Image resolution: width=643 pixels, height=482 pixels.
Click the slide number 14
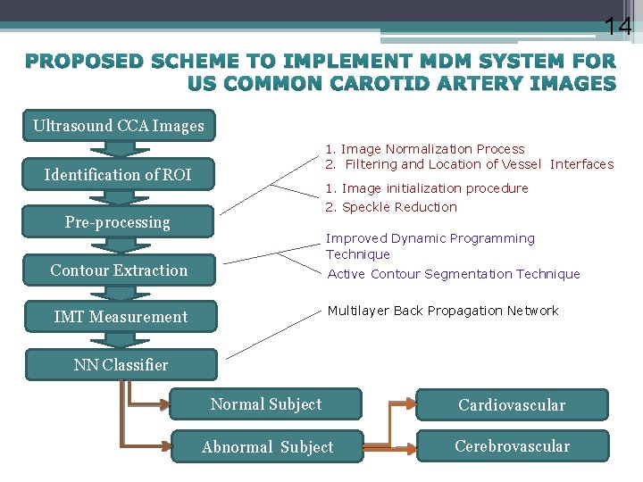[617, 27]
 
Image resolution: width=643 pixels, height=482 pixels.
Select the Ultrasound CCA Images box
[119, 126]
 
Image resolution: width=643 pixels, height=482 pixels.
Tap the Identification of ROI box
[118, 174]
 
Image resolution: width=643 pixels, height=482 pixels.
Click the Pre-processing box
[118, 222]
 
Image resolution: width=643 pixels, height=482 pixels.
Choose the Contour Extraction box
[119, 270]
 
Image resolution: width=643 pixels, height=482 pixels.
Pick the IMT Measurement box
[121, 317]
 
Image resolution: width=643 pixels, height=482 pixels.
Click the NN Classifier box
[121, 364]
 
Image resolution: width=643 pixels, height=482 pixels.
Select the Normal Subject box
[266, 404]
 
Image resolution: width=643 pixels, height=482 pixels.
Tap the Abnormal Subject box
[268, 447]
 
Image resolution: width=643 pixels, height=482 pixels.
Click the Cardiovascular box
[512, 405]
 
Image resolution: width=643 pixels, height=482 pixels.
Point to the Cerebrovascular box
[512, 446]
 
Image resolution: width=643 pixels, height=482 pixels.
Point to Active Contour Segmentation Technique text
[454, 274]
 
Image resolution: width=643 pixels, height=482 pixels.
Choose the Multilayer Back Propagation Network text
[442, 311]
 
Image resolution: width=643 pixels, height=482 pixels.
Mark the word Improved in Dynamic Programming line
[353, 238]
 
